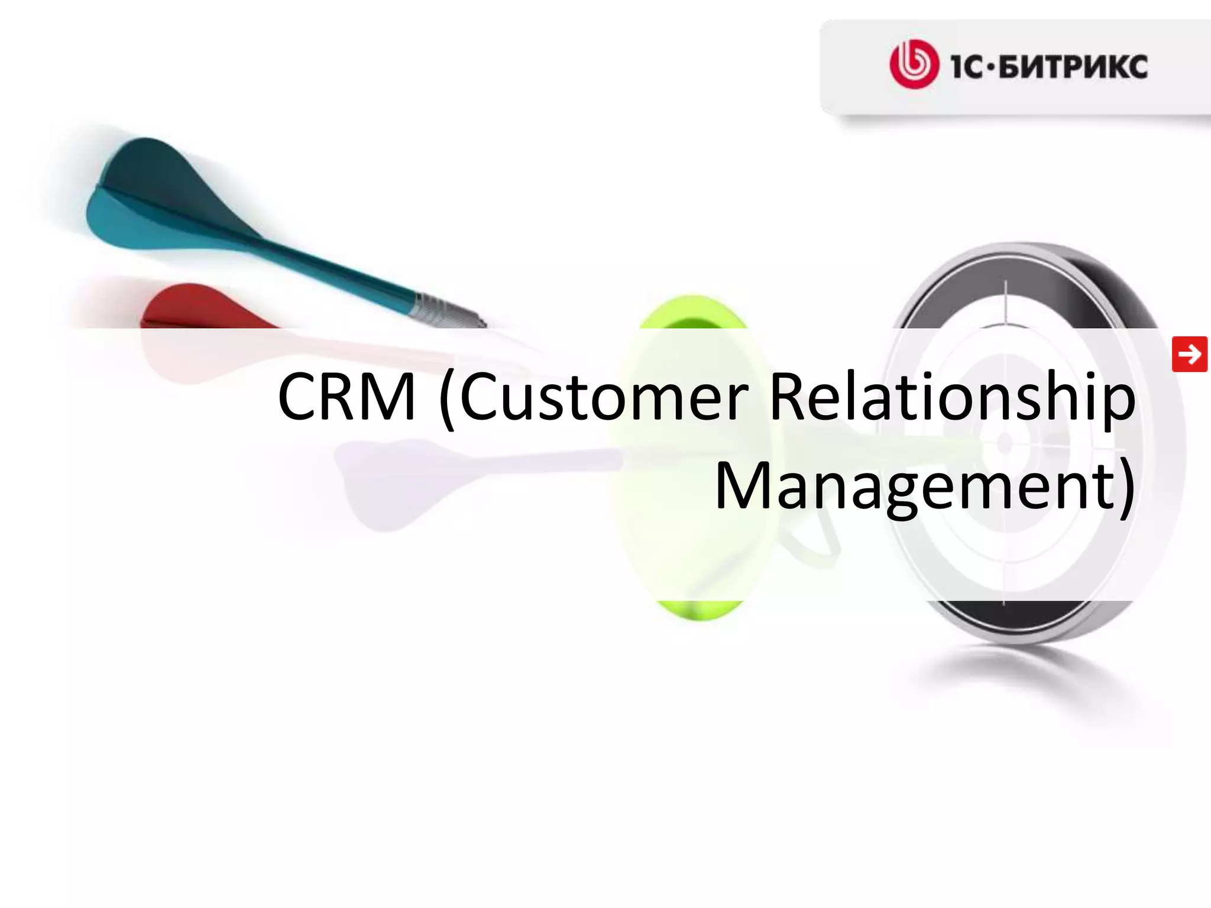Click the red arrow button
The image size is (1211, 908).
(x=1189, y=354)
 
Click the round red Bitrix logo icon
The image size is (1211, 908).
(x=914, y=64)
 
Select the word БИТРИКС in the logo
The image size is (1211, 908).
(x=1073, y=66)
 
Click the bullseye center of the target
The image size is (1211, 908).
(x=1005, y=442)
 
